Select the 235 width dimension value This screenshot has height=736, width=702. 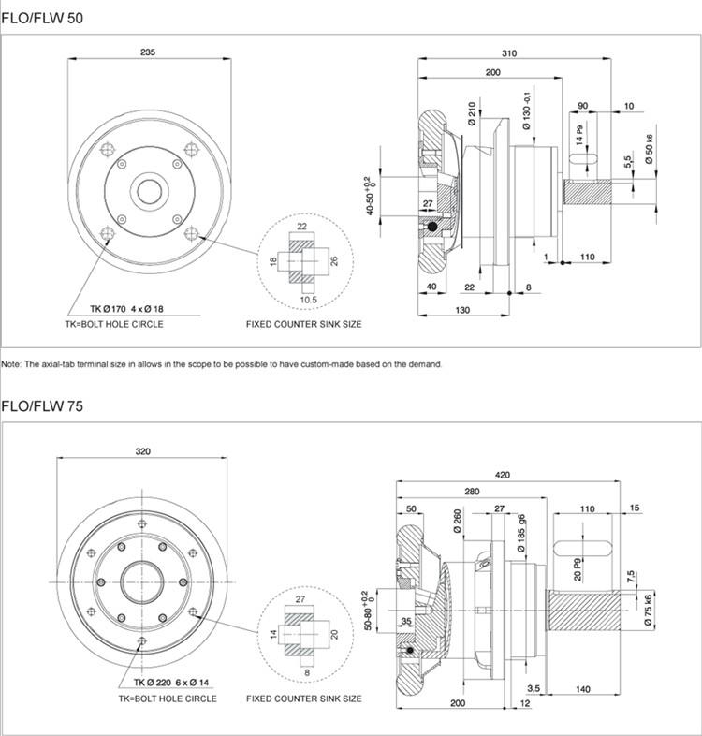[x=148, y=52]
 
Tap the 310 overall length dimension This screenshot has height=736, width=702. [x=508, y=53]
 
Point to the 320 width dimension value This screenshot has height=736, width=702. [x=142, y=451]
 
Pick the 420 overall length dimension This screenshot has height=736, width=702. [x=503, y=475]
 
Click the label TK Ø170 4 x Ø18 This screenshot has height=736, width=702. [x=127, y=309]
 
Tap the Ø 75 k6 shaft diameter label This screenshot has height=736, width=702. [x=647, y=610]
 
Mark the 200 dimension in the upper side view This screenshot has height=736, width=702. [x=491, y=73]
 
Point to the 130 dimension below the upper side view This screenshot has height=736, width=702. [x=462, y=309]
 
